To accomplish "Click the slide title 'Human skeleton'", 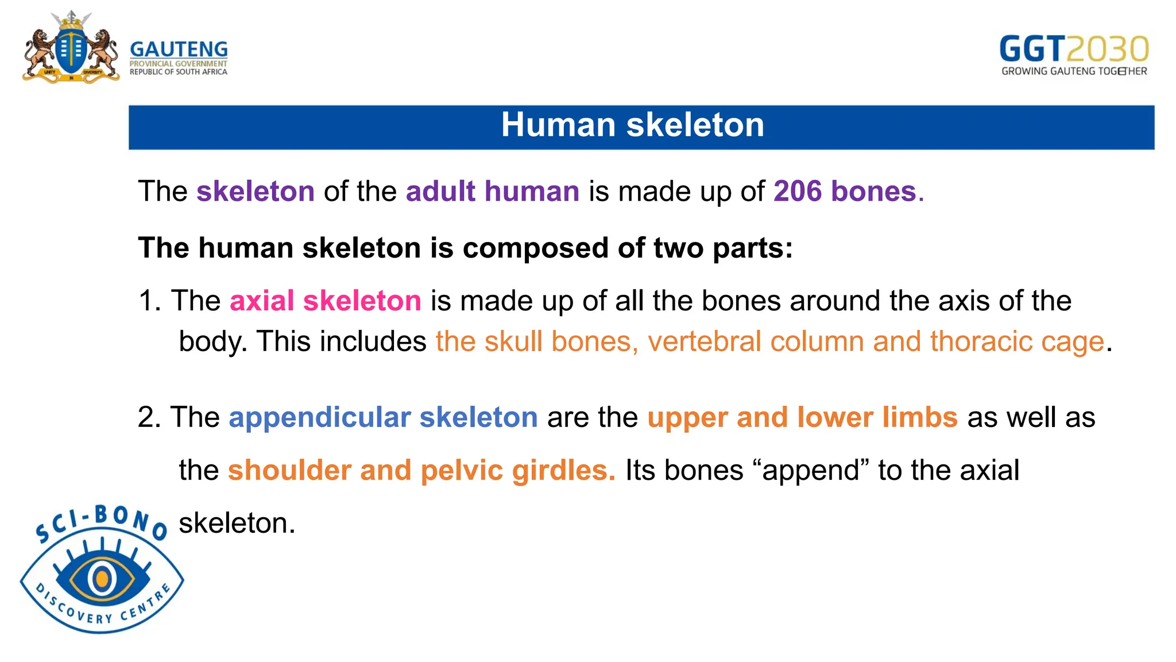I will [x=632, y=125].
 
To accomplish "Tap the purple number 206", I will [x=798, y=191].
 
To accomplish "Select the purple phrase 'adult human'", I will [x=492, y=191].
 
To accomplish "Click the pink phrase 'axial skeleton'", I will [x=325, y=301].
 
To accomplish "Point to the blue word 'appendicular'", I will [x=319, y=418].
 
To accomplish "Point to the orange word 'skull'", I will [x=513, y=342].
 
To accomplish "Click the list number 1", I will [x=149, y=301].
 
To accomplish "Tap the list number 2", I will [x=149, y=418].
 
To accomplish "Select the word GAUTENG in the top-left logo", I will [x=179, y=49].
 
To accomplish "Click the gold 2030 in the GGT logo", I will [x=1108, y=49].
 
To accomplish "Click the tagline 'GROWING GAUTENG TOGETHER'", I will [x=1074, y=71].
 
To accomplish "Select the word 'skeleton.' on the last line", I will [x=237, y=524].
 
